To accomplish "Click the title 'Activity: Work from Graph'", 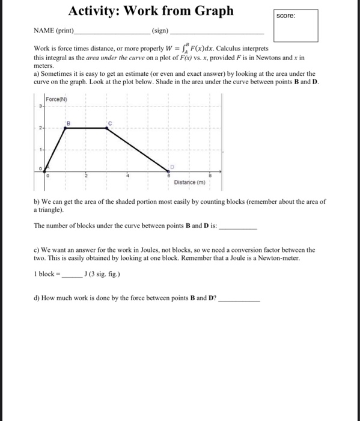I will click(151, 11).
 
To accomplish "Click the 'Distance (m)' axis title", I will click(189, 182).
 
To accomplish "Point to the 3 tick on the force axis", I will click(40, 107).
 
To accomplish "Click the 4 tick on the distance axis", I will click(127, 175).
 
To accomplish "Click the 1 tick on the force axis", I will click(40, 148).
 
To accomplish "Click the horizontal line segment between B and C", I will click(87, 128).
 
